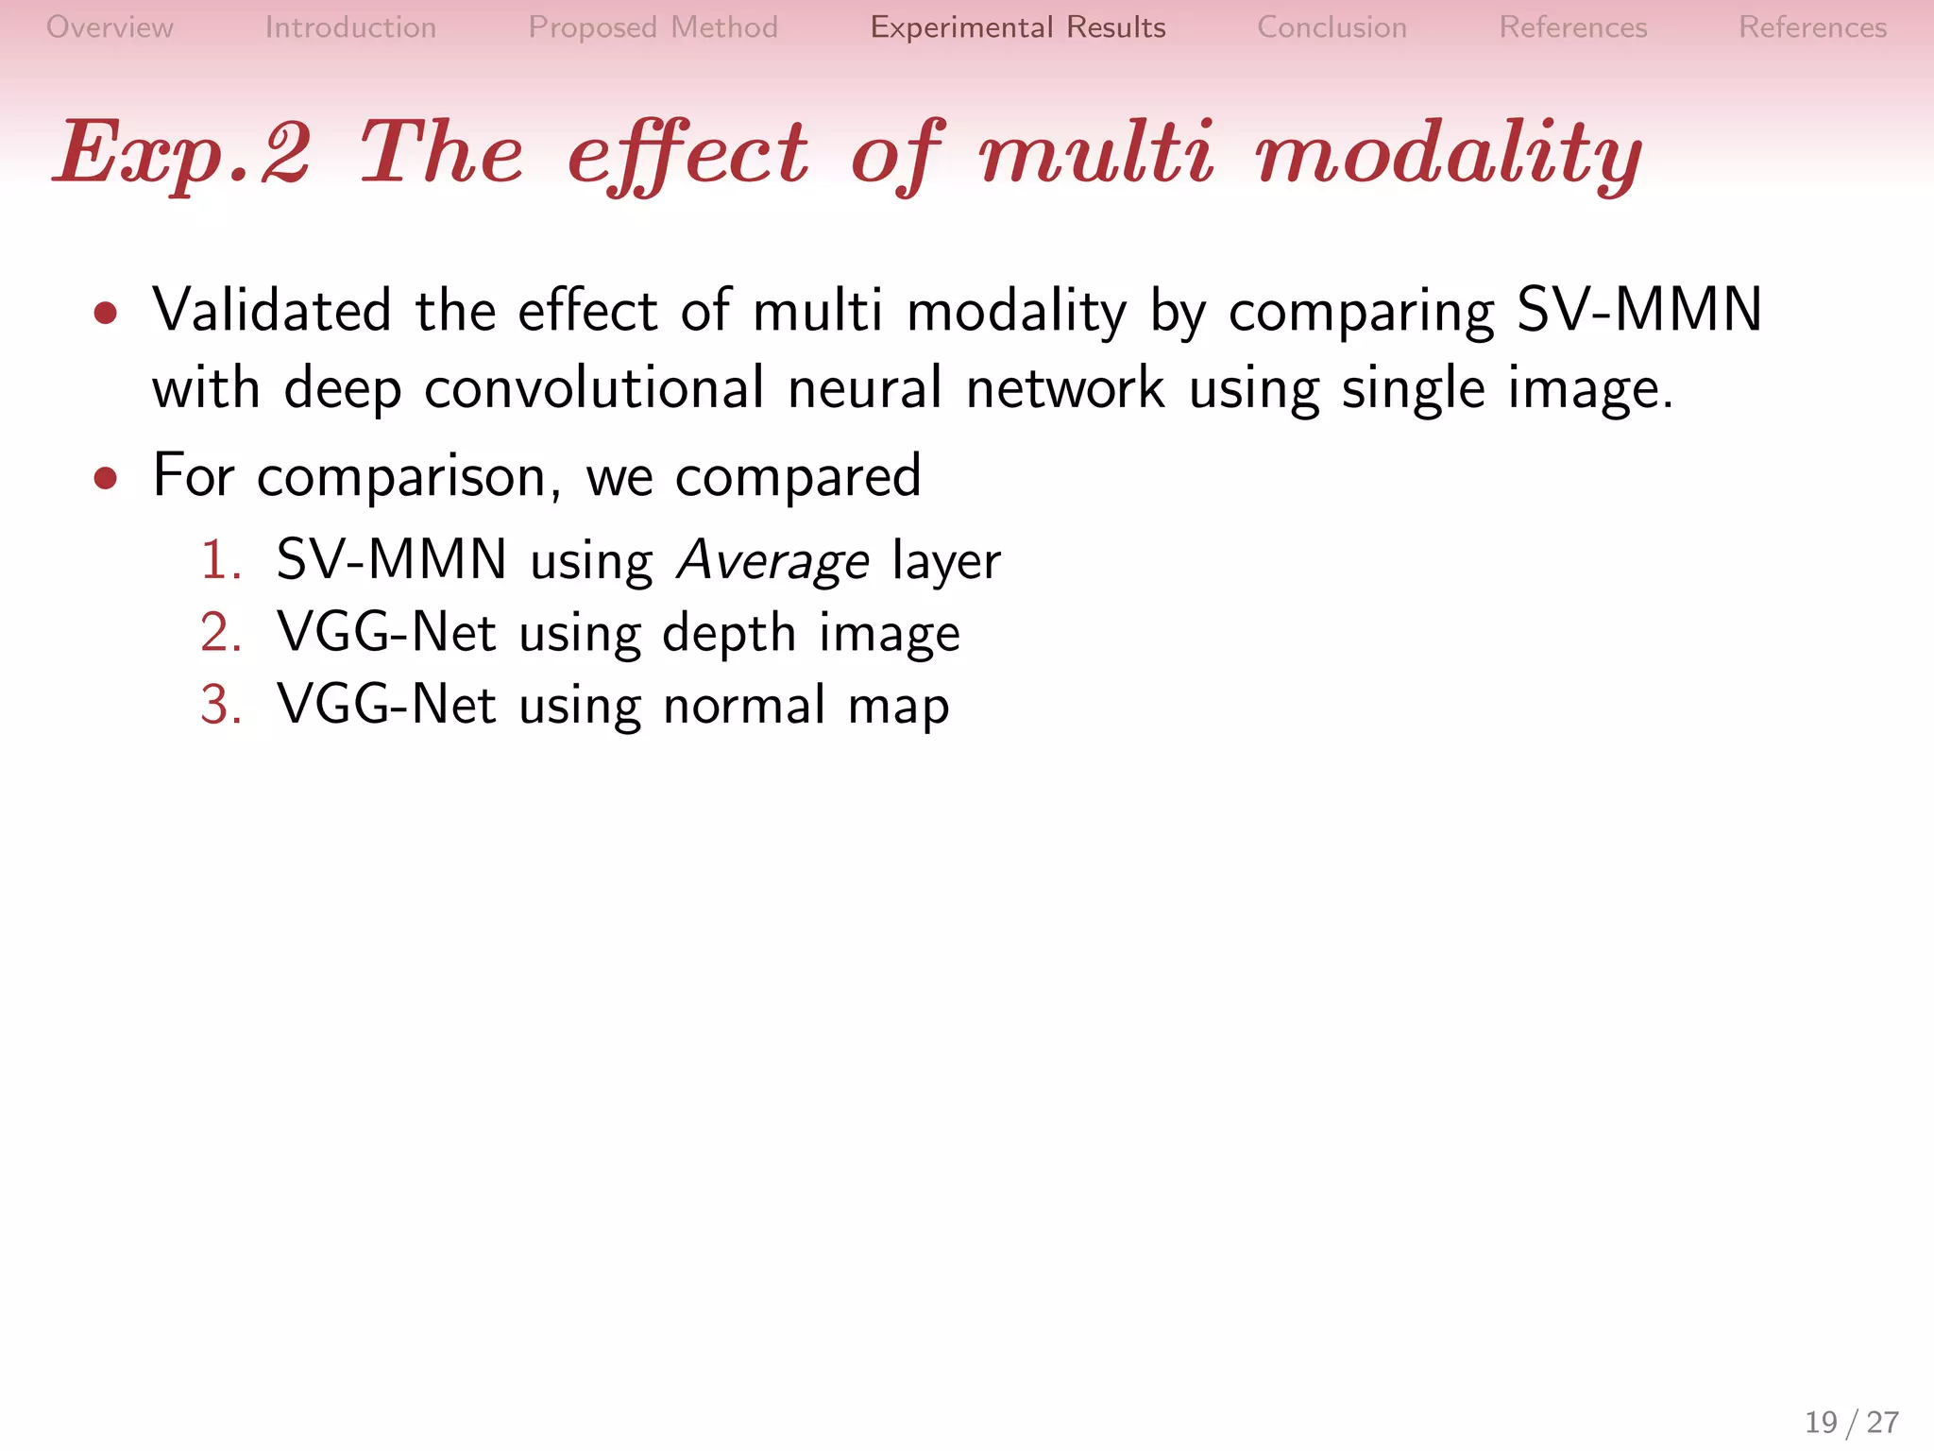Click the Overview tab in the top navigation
click(x=110, y=27)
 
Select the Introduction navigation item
click(x=350, y=27)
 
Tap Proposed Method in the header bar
click(x=653, y=27)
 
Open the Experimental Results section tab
click(x=1017, y=27)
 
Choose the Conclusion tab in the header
click(x=1332, y=27)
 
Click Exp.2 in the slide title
click(x=182, y=153)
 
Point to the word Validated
click(x=272, y=311)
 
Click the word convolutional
click(x=594, y=388)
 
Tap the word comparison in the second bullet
click(x=401, y=476)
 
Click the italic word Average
click(x=772, y=560)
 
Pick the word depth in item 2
click(x=729, y=633)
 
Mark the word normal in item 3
click(x=744, y=705)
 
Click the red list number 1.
click(x=220, y=560)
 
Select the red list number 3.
click(x=220, y=705)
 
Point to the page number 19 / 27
click(x=1851, y=1422)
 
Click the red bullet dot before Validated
click(x=106, y=313)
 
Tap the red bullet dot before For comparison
click(x=106, y=478)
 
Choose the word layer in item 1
click(x=945, y=560)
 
